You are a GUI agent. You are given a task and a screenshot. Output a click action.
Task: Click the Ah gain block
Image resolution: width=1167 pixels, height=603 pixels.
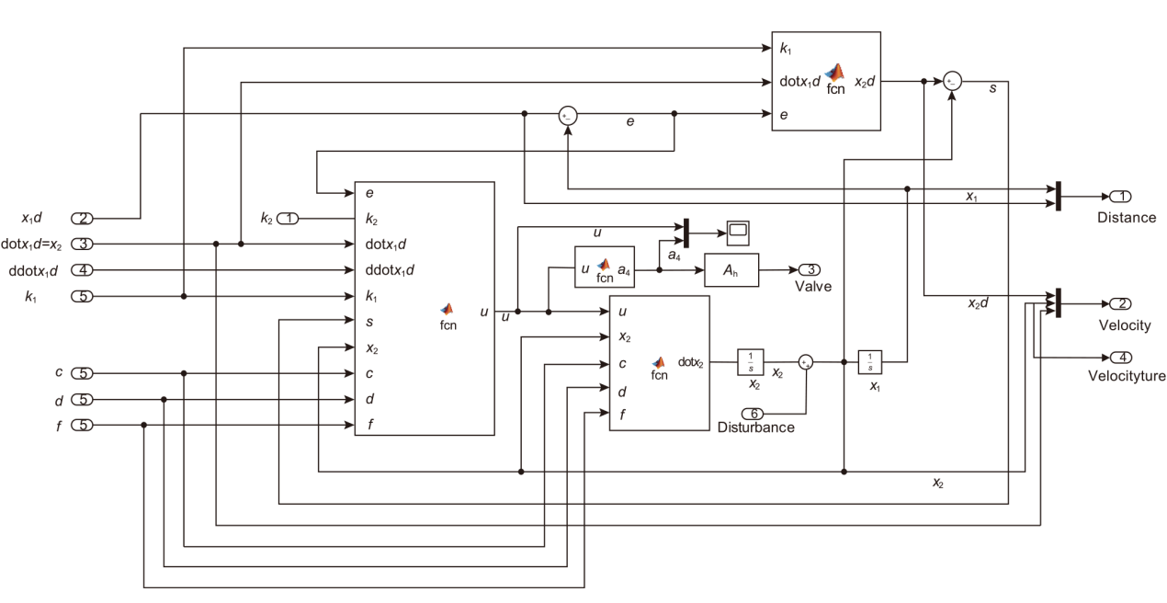point(731,270)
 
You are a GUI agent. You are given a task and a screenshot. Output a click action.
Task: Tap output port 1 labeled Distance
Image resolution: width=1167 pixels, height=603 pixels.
point(1121,196)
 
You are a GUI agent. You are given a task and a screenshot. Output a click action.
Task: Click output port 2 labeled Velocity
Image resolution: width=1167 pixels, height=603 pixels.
point(1121,304)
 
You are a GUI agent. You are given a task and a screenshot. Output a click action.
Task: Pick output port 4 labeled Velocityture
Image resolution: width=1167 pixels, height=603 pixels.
point(1121,357)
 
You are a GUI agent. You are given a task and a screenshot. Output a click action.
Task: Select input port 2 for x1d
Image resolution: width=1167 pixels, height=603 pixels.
point(82,218)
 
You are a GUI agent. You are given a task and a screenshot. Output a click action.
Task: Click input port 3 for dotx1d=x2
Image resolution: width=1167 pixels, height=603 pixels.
point(82,244)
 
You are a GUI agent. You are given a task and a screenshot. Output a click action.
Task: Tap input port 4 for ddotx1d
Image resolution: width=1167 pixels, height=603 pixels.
point(82,270)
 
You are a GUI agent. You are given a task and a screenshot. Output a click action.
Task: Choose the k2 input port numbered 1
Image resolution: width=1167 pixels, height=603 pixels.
point(289,219)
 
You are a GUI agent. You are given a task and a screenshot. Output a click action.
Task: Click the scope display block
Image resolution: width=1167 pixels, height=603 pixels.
point(738,233)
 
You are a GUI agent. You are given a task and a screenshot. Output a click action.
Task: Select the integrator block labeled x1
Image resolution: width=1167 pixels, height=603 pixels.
point(870,362)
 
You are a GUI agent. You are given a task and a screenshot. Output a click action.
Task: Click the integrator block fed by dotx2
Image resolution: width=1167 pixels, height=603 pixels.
point(750,362)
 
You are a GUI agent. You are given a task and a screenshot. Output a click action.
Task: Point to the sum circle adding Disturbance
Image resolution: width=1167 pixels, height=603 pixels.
point(806,362)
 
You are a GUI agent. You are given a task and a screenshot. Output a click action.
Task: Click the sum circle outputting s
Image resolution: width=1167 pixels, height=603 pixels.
point(953,82)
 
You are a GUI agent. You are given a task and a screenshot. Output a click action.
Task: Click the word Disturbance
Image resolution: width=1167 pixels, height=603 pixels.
point(755,427)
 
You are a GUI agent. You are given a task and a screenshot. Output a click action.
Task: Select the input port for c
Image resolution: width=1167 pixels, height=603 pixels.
point(82,373)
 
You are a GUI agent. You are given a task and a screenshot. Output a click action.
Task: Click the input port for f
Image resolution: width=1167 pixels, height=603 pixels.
point(82,425)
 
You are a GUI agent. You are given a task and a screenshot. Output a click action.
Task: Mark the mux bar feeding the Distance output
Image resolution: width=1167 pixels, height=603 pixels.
point(1059,195)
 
